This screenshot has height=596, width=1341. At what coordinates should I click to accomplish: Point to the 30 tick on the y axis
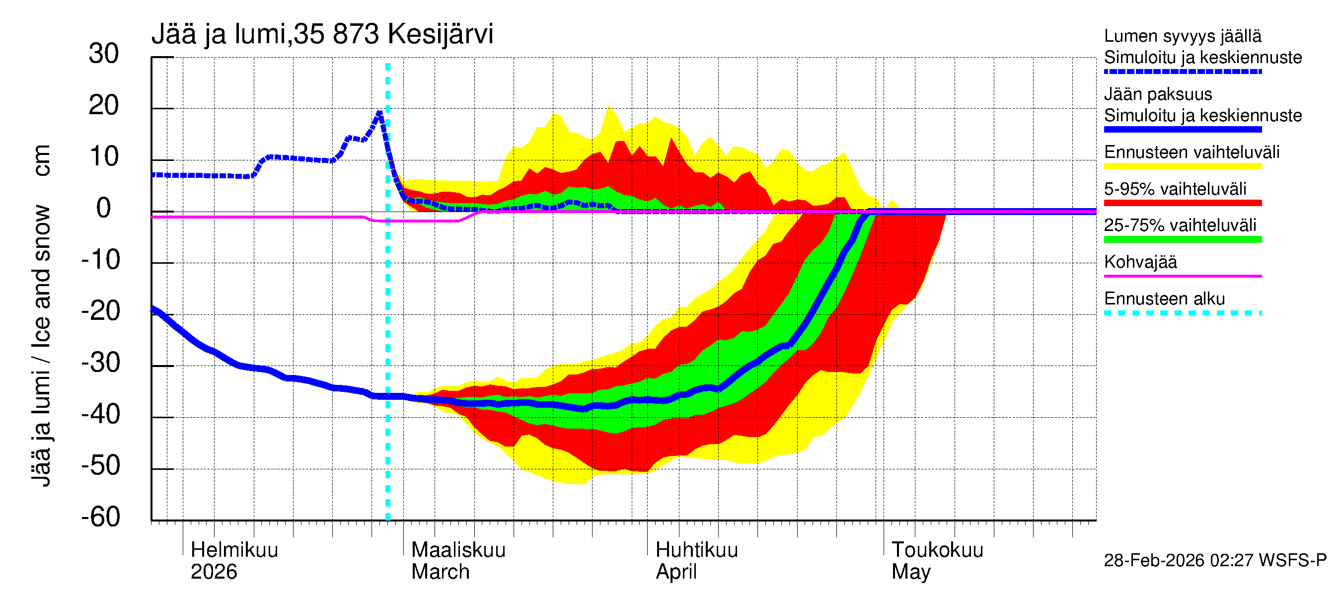(x=104, y=54)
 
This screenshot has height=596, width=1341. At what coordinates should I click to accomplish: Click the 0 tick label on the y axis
(x=104, y=209)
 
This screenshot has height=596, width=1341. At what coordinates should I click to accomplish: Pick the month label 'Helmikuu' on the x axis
(x=234, y=550)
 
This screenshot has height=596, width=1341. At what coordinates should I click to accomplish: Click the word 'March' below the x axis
(x=441, y=572)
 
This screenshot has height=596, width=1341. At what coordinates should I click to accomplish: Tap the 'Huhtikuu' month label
(x=696, y=550)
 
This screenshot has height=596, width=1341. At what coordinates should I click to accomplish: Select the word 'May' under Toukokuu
(x=910, y=572)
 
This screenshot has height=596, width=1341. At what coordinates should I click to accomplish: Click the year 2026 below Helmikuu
(x=214, y=572)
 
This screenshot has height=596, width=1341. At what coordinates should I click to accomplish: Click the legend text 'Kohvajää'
(x=1140, y=262)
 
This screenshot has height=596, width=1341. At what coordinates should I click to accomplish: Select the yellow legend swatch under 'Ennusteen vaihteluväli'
(x=1182, y=166)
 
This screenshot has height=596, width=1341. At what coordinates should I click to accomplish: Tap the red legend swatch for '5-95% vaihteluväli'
(x=1182, y=203)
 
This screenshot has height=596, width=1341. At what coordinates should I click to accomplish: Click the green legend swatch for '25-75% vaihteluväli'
(x=1182, y=239)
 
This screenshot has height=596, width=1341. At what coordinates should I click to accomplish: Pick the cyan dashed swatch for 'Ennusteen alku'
(x=1182, y=313)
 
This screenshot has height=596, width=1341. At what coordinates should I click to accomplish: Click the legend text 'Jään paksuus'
(x=1158, y=94)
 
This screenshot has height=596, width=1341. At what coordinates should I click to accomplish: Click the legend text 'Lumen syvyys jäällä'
(x=1182, y=36)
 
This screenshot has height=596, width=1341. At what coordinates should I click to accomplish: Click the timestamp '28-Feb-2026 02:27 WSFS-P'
(x=1215, y=561)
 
